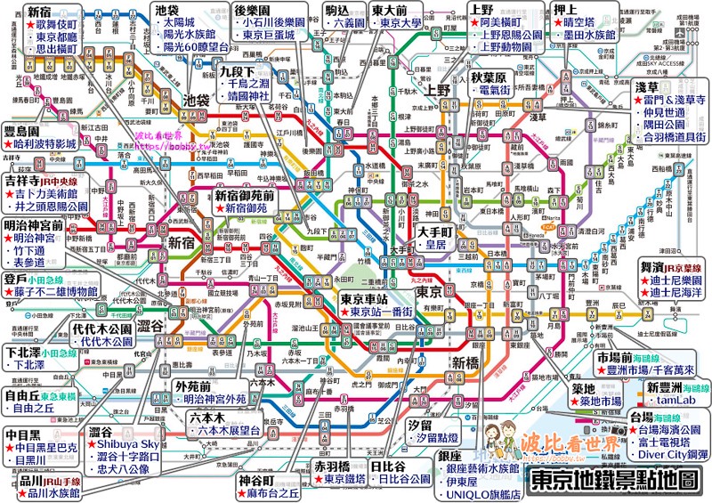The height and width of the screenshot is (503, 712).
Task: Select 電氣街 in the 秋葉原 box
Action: (505, 91)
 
